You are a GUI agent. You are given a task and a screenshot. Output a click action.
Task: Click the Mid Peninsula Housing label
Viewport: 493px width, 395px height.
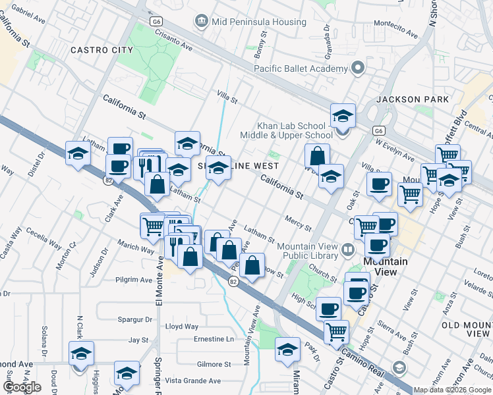point(258,22)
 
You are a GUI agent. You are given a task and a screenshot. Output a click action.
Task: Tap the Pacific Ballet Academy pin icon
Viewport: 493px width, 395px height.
point(358,68)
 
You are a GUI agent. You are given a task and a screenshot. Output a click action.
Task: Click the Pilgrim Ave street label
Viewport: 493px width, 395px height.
point(134,280)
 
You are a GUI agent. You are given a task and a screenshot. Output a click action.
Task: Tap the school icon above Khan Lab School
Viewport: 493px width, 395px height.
point(343,116)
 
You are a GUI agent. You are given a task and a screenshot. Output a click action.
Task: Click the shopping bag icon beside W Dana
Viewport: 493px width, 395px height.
point(317,156)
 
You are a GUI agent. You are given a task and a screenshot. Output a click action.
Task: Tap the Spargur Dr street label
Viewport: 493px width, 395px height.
point(135,319)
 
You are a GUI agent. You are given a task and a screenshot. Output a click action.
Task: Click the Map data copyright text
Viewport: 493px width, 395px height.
point(452,390)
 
